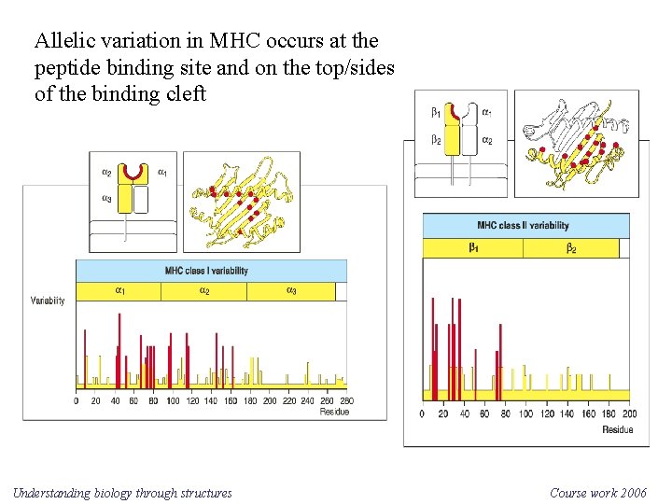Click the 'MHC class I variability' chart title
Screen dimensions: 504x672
point(206,271)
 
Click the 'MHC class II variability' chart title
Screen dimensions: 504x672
point(523,225)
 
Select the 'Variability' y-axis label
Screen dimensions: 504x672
point(48,301)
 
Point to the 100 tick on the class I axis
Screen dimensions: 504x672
point(173,400)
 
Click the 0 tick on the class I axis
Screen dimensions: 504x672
point(77,400)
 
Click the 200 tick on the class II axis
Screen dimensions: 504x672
point(629,413)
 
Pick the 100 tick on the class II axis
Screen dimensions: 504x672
point(525,413)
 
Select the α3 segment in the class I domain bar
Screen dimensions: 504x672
point(291,291)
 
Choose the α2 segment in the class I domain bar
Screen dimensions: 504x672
point(203,291)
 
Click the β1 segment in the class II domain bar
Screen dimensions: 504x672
point(472,248)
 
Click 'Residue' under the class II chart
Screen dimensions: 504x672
point(617,429)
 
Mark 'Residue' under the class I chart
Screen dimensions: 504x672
point(333,412)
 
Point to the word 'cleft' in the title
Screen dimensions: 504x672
point(185,95)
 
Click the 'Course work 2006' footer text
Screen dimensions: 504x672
point(597,493)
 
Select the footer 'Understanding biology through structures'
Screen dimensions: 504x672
point(122,493)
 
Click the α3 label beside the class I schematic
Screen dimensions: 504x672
point(106,199)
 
